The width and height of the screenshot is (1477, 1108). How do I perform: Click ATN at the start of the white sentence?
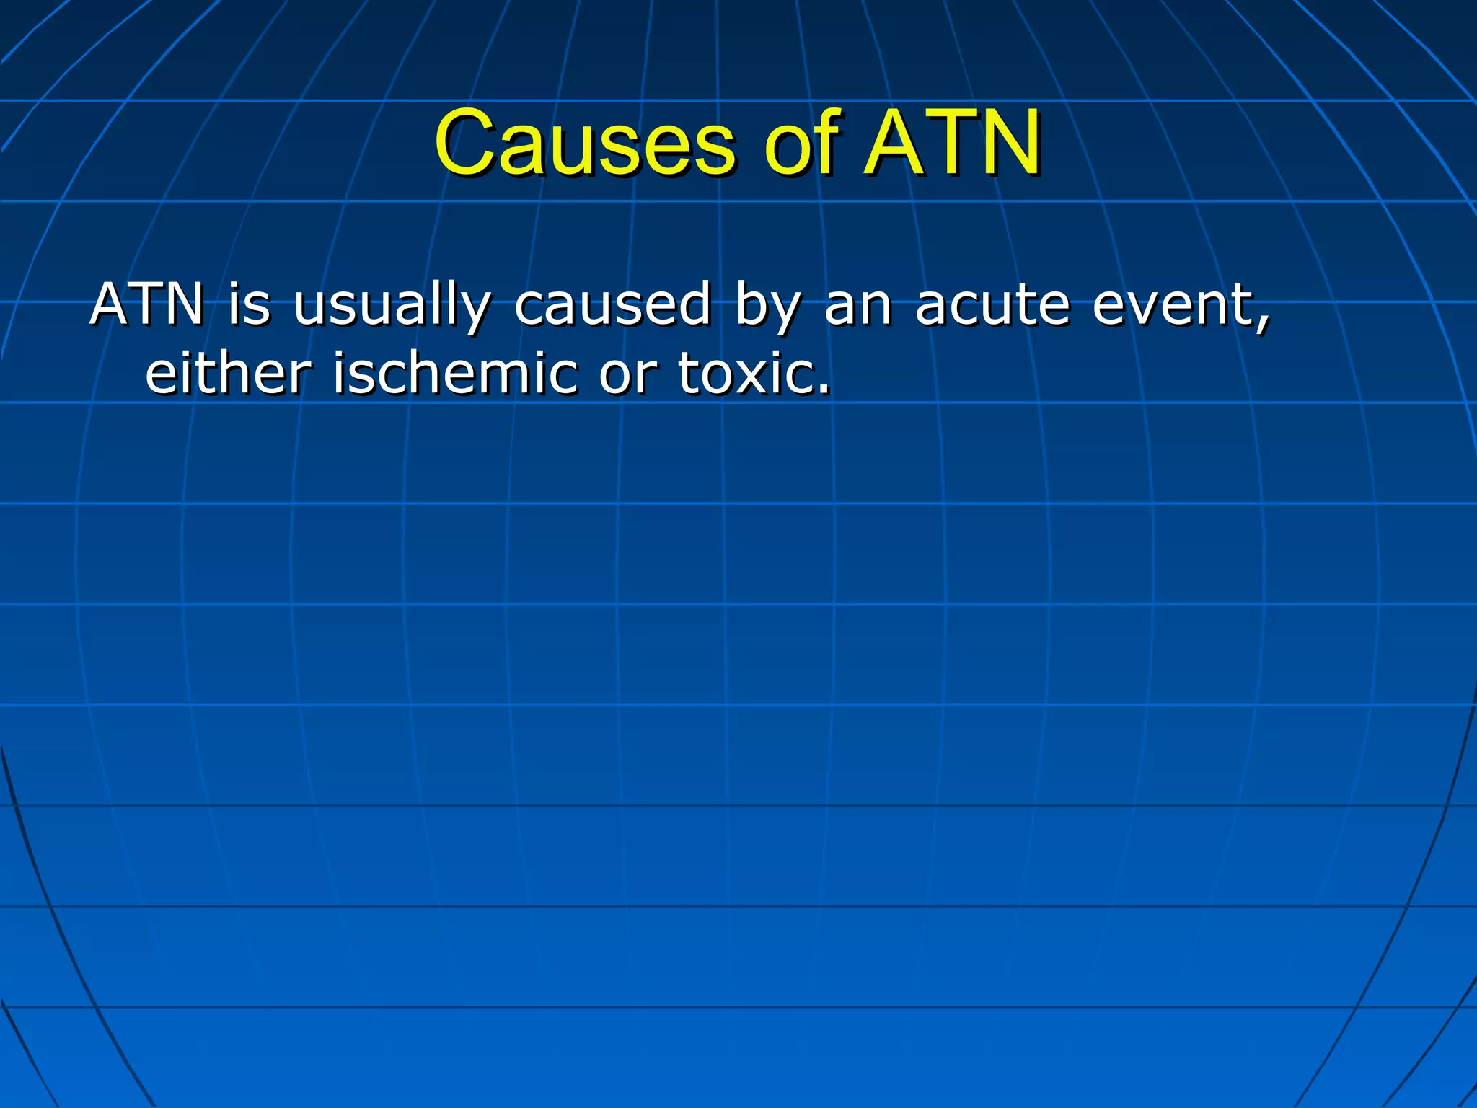click(148, 304)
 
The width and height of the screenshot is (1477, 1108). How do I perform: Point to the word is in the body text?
click(249, 304)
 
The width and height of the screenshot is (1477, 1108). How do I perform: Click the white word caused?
click(613, 304)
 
